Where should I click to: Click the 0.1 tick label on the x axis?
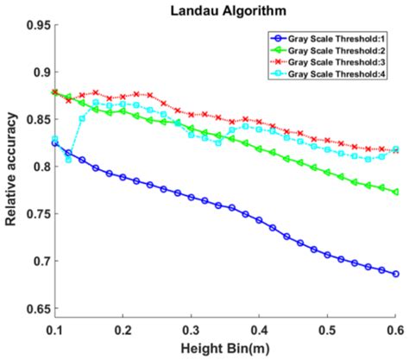[54, 330]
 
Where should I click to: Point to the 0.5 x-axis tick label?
[328, 330]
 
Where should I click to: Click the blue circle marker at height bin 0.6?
[396, 275]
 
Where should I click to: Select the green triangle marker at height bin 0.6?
[396, 192]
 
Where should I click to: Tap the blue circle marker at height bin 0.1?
[55, 143]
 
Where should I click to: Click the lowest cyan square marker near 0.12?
[69, 160]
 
